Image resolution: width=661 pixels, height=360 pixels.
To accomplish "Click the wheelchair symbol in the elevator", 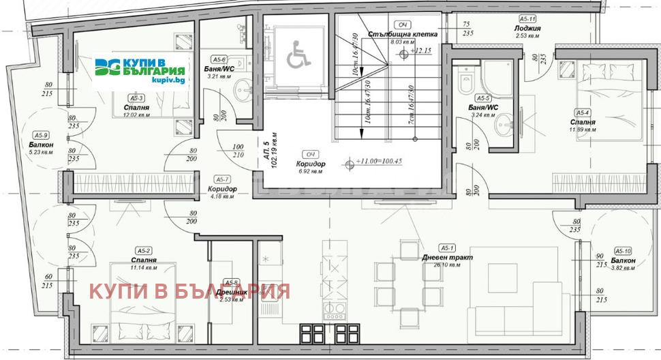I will point(296,55).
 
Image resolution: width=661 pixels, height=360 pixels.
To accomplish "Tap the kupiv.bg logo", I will point(140,70).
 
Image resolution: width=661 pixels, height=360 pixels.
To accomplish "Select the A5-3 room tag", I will point(136,97).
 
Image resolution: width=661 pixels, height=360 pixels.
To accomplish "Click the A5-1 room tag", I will point(447,248).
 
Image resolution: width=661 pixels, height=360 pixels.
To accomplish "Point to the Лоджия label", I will point(527,29).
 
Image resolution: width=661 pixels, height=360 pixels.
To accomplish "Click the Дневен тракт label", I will point(447,258).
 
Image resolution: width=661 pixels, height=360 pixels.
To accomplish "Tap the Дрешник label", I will point(231,291).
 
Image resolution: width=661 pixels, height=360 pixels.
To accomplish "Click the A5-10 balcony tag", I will point(622,251).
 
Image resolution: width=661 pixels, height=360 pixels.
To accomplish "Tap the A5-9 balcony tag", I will point(42,135).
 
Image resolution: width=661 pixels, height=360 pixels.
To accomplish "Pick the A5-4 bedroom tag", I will point(583,112).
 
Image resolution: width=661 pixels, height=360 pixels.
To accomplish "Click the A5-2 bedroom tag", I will point(143,250).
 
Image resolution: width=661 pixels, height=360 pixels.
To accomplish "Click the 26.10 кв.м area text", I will point(447,266).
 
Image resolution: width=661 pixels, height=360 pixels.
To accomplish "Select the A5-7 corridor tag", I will point(222,179).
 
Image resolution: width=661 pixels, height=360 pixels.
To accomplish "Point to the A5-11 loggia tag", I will point(527,19).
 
